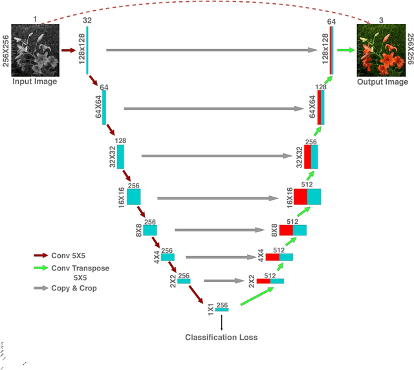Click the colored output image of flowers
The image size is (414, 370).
tap(382, 50)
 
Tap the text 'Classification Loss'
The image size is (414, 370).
tap(221, 337)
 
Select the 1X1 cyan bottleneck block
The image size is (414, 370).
tap(222, 310)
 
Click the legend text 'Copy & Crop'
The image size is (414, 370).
tap(74, 288)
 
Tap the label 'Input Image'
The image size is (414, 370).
tap(35, 82)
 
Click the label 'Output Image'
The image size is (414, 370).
tap(382, 82)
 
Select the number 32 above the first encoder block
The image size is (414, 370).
tap(87, 21)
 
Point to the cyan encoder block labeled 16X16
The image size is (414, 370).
tap(133, 197)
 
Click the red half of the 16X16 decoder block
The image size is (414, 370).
tap(300, 197)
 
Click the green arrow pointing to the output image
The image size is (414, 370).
tap(346, 49)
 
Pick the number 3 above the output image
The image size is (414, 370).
tap(381, 21)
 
